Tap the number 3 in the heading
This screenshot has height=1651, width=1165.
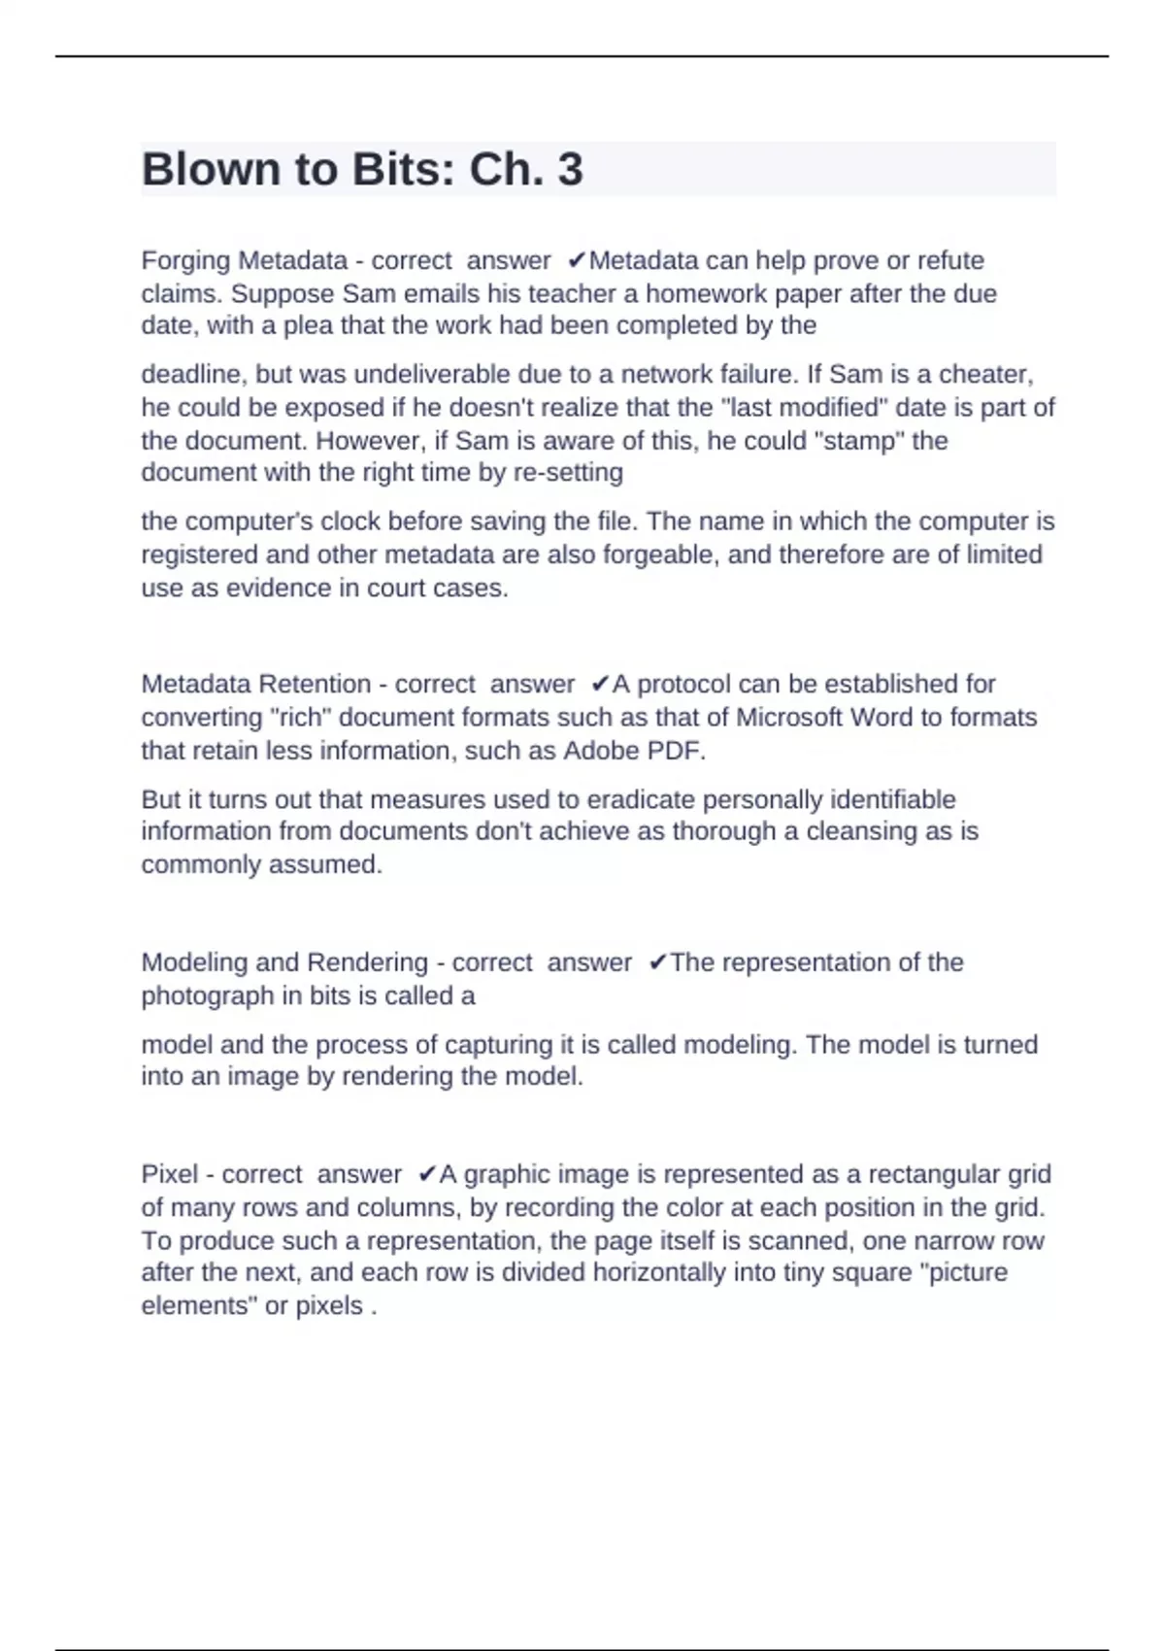click(570, 170)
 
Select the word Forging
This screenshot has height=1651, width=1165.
click(185, 261)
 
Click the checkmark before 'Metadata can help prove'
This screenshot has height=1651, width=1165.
click(577, 260)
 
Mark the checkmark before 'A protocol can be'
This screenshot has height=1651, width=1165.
click(600, 684)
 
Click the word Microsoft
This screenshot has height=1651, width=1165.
click(788, 718)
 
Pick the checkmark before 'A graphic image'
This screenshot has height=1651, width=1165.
click(427, 1174)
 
